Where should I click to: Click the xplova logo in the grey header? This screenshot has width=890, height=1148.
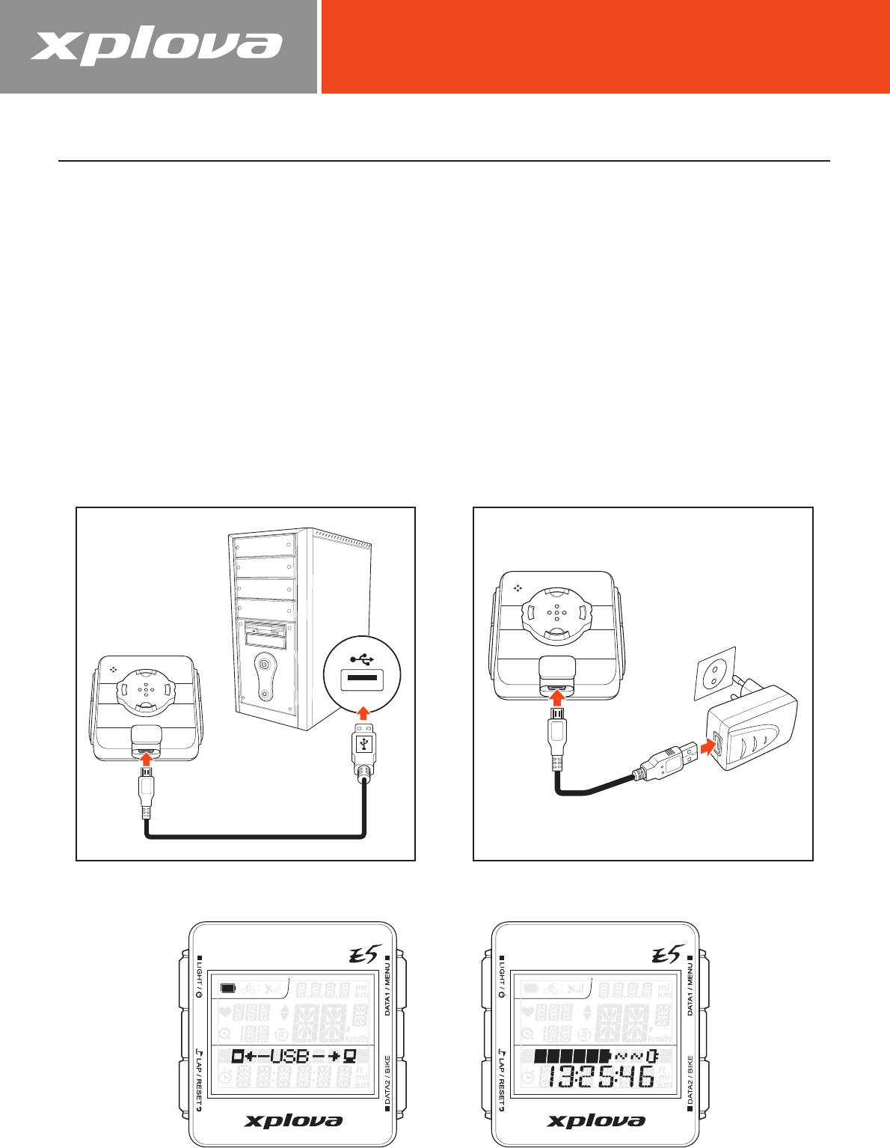click(x=156, y=47)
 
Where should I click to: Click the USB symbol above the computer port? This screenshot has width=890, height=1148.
click(x=363, y=659)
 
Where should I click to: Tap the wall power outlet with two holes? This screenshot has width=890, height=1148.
click(x=717, y=668)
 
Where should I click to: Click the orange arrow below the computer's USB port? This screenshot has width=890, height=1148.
click(x=363, y=710)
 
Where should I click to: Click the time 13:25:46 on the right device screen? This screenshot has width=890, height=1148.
click(x=598, y=1078)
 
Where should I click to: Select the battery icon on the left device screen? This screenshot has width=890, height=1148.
click(x=228, y=989)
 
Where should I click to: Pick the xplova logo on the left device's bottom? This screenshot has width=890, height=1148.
click(x=294, y=1120)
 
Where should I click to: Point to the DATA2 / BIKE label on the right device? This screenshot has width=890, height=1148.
click(x=690, y=1082)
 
